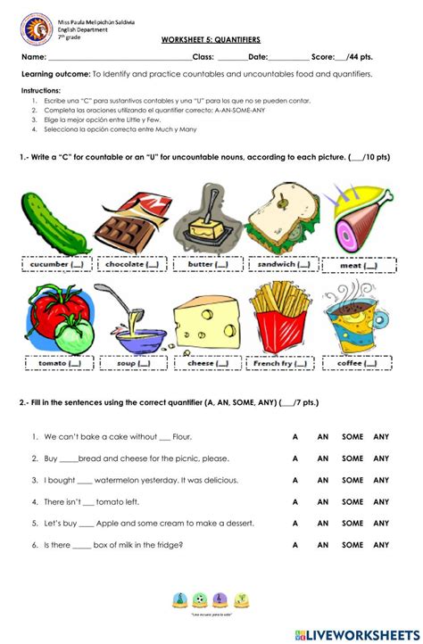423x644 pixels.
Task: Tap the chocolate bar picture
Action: coord(133,221)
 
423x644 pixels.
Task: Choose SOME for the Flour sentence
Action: coord(352,436)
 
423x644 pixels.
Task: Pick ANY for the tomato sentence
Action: coord(382,501)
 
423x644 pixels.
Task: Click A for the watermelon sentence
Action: coord(294,480)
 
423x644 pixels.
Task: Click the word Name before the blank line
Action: coord(33,56)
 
